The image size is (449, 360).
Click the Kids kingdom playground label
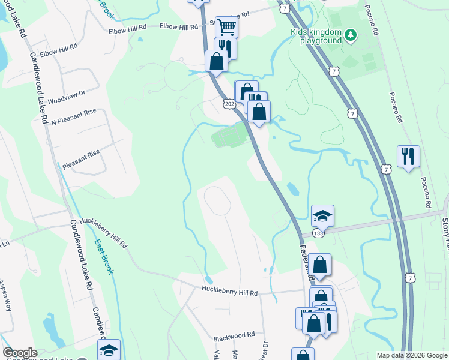coord(316,36)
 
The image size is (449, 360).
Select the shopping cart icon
coord(226,26)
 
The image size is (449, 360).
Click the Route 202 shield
coord(229,104)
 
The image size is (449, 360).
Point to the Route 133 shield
coord(318,232)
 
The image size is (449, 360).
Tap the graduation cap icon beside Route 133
coord(322,215)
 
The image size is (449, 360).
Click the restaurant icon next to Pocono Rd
coord(408,157)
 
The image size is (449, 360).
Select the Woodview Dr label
coord(67,94)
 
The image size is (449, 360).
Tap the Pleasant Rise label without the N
coord(81,154)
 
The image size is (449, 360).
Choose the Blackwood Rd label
coord(235,335)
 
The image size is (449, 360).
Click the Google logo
coord(19,353)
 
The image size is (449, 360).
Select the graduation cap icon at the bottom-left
coord(109,350)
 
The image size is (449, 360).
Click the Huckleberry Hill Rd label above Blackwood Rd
coord(229,293)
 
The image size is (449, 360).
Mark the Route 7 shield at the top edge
coord(285,8)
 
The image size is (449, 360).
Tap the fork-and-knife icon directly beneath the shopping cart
coord(225,47)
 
